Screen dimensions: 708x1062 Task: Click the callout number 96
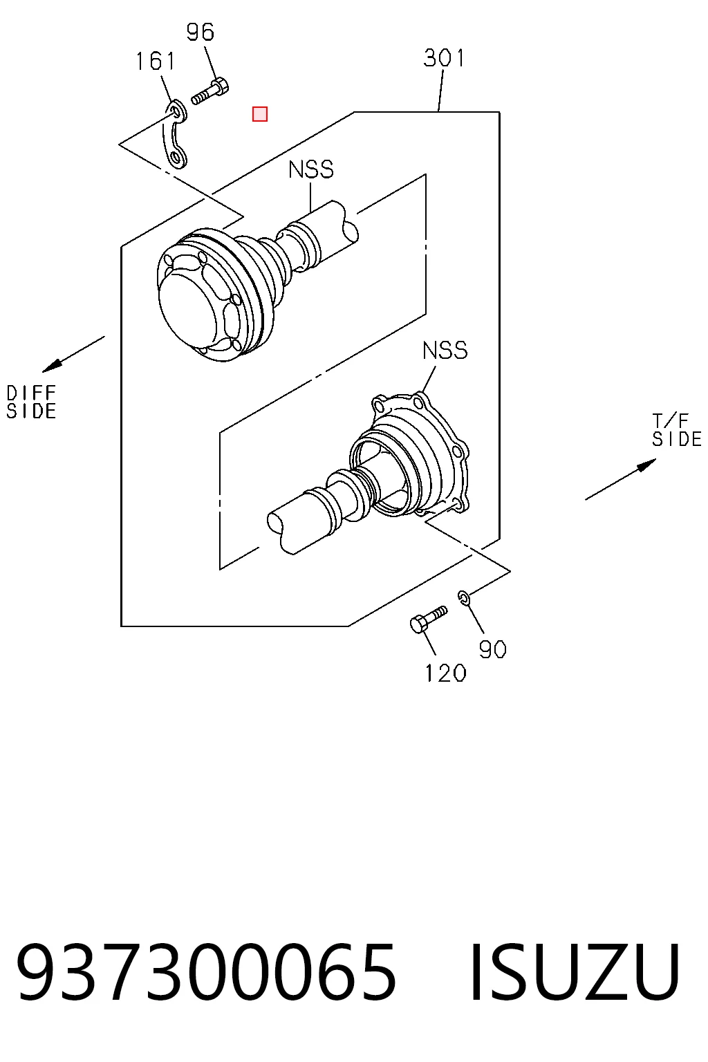(x=201, y=32)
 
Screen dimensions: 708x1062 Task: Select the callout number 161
(x=156, y=62)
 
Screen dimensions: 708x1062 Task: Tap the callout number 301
(x=444, y=58)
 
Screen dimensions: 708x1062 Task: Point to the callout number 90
(x=492, y=649)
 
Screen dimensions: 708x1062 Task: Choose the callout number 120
(x=445, y=673)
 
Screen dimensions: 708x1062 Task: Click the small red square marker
(x=260, y=114)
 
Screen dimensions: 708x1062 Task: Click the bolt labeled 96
(x=210, y=92)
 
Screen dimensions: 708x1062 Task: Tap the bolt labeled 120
(x=428, y=619)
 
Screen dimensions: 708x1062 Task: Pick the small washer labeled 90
(x=464, y=597)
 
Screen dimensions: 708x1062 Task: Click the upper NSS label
(x=311, y=169)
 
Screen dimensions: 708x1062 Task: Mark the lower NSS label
(x=445, y=351)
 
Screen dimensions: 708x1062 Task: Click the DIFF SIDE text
(x=31, y=402)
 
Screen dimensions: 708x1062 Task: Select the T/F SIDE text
(x=677, y=430)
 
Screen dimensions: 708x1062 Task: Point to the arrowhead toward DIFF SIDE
(x=51, y=366)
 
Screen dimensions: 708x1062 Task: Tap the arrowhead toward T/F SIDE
(x=646, y=465)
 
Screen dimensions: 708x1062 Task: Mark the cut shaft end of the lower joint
(x=275, y=523)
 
